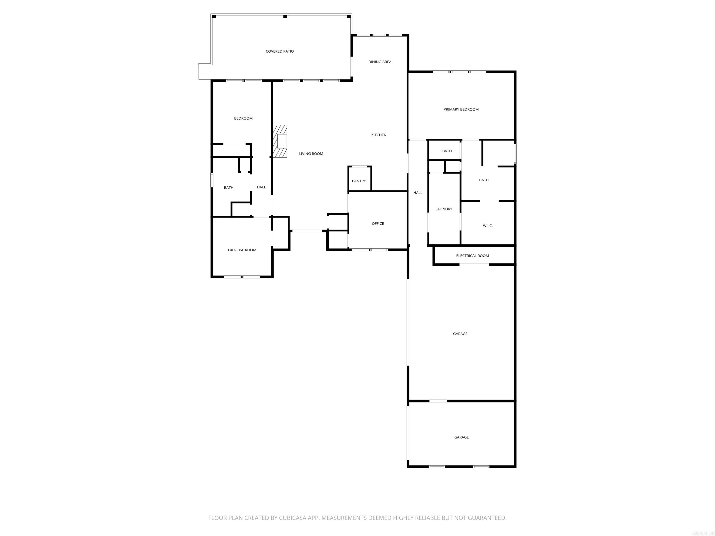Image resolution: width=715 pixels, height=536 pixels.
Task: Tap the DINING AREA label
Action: tap(380, 62)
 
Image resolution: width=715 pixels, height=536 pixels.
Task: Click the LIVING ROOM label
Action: tap(311, 154)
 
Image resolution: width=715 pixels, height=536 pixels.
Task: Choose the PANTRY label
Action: tap(359, 181)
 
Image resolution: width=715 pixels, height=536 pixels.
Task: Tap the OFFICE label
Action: tap(378, 224)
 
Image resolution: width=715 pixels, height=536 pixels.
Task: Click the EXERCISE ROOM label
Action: tap(242, 250)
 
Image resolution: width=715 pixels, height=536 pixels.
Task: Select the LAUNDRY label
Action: tap(444, 209)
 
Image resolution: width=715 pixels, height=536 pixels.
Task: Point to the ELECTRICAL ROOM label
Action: tap(472, 256)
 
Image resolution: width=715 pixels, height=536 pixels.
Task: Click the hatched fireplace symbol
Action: tap(280, 141)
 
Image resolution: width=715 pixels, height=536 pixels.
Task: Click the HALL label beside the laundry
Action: tap(418, 193)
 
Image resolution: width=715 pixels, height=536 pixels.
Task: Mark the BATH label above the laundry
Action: tap(447, 151)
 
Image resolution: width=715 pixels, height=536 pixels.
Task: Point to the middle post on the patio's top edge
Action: tap(285, 17)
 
